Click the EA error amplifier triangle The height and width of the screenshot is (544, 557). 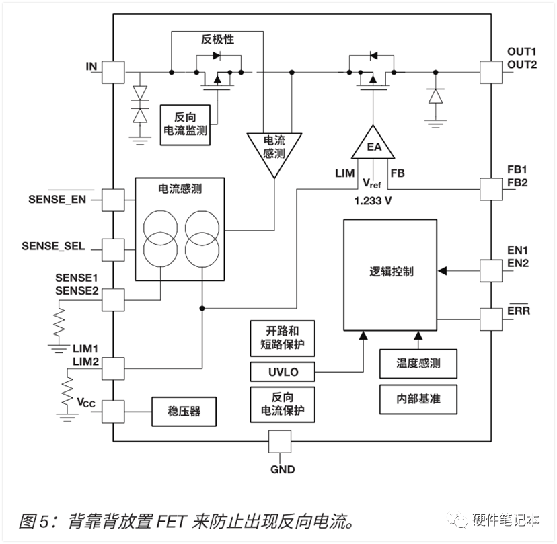click(373, 144)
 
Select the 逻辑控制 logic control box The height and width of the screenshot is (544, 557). click(390, 275)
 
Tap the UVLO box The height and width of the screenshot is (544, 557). click(283, 372)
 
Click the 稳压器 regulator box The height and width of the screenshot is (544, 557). click(184, 412)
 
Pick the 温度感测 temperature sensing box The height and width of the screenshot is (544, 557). click(418, 364)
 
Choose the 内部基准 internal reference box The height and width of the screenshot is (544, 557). click(418, 399)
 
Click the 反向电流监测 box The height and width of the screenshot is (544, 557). click(185, 124)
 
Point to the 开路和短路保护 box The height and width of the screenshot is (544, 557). click(283, 338)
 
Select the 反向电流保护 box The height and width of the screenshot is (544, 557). click(283, 404)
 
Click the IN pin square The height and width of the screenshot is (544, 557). click(113, 73)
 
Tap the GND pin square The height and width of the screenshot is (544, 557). click(280, 442)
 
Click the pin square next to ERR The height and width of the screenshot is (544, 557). click(491, 319)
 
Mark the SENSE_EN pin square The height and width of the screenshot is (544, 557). click(113, 200)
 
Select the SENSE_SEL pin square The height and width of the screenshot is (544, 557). click(113, 250)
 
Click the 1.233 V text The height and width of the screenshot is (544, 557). click(373, 201)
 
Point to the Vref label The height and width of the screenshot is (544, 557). click(371, 183)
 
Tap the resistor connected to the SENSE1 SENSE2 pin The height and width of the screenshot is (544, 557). click(59, 321)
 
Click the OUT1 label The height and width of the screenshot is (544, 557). click(521, 52)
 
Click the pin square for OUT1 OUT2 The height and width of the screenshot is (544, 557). click(491, 73)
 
